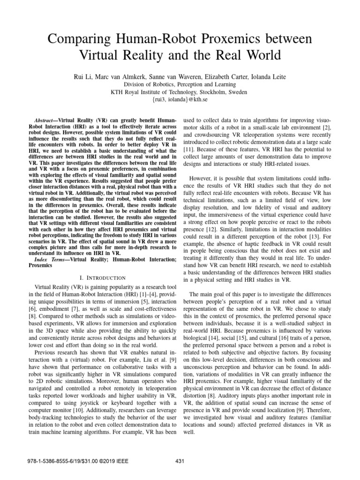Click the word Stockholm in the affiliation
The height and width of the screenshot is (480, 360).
(x=212, y=92)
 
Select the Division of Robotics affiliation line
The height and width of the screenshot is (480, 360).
(x=180, y=85)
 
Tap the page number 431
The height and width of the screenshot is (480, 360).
(x=180, y=471)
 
